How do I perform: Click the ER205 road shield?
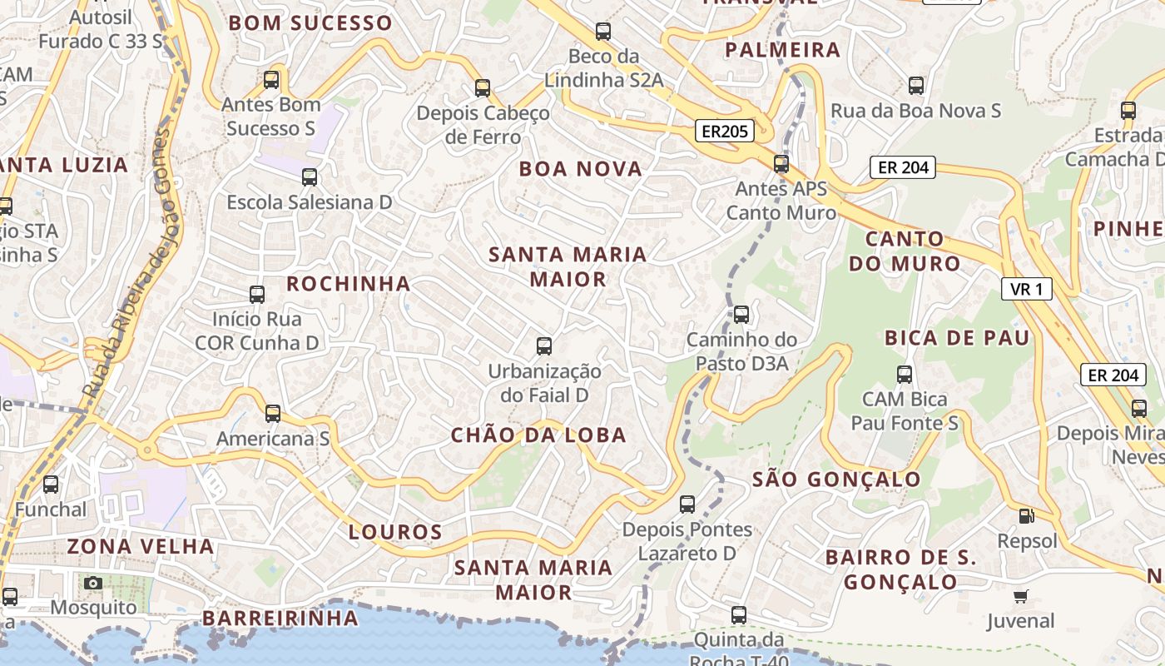click(724, 131)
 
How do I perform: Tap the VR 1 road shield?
click(1026, 289)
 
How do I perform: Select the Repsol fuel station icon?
click(1027, 516)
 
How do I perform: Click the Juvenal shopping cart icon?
click(1021, 596)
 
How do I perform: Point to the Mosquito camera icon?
click(93, 583)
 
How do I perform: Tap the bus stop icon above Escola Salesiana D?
click(310, 176)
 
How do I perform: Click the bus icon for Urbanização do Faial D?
click(544, 345)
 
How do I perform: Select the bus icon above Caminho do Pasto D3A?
click(741, 315)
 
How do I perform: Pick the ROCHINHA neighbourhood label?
click(349, 284)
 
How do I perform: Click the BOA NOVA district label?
click(581, 169)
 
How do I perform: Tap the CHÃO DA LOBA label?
click(538, 435)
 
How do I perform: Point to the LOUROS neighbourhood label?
click(395, 532)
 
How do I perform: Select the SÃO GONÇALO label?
click(836, 480)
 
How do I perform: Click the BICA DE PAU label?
click(957, 338)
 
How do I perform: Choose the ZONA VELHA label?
click(141, 547)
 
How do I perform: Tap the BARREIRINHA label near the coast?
click(280, 619)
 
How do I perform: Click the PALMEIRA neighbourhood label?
click(782, 50)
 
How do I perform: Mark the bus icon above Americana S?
click(273, 413)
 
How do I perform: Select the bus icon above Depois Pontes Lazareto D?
click(687, 504)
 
